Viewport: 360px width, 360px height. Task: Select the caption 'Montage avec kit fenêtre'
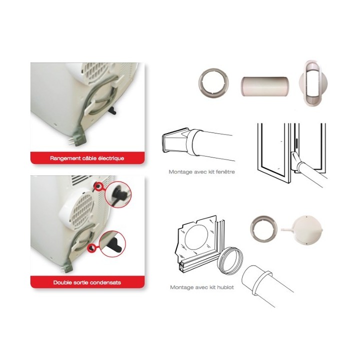[201, 171]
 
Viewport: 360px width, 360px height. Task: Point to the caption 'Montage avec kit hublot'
[202, 287]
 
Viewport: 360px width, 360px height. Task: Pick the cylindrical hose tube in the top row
[264, 86]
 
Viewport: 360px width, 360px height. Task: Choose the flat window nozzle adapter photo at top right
[313, 83]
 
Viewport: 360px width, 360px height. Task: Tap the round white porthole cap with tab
[307, 230]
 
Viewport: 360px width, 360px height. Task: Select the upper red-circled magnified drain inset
[118, 194]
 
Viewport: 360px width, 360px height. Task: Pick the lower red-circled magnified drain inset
[112, 243]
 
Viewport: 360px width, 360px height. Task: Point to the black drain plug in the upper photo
[112, 110]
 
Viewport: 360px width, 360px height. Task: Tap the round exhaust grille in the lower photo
[82, 211]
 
